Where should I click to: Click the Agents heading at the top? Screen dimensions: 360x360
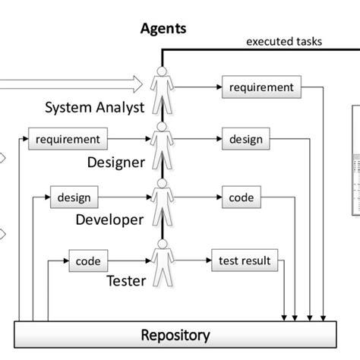163,30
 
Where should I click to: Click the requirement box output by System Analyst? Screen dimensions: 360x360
261,87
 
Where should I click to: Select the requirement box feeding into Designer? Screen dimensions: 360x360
68,140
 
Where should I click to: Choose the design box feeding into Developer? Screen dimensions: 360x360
74,198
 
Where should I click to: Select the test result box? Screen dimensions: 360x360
244,261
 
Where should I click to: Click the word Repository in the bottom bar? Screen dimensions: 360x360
175,334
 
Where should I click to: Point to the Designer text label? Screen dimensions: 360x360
115,161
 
